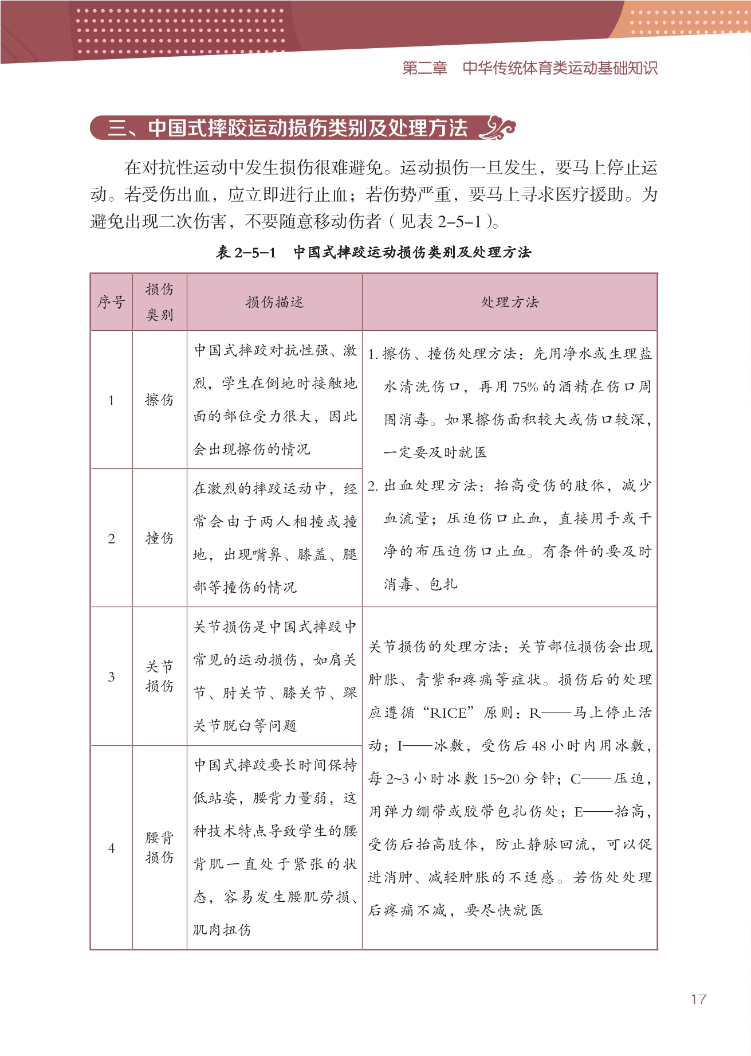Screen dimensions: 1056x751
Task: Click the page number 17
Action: (x=698, y=999)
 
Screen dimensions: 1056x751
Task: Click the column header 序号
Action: (x=111, y=302)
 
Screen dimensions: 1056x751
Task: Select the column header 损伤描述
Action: (x=274, y=302)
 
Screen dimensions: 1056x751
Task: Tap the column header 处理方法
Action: (x=510, y=302)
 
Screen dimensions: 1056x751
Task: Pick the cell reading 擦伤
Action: (x=159, y=400)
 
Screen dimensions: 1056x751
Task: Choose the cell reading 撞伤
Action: (x=159, y=538)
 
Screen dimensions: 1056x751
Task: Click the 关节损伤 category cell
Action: (x=159, y=676)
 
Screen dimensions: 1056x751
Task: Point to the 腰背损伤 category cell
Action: (x=159, y=847)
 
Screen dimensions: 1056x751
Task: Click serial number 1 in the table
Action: (x=111, y=401)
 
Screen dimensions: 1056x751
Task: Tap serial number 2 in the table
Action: (x=111, y=538)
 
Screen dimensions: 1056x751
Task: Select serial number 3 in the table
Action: (x=111, y=677)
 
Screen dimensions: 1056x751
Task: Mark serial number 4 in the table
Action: (x=111, y=848)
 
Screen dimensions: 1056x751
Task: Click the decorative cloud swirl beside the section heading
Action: (x=497, y=128)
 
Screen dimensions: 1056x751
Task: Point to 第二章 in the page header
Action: (x=424, y=68)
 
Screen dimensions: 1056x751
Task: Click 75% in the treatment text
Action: (x=525, y=387)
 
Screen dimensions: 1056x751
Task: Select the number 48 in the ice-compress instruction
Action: (x=538, y=746)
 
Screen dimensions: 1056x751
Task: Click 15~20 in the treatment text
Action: (x=501, y=779)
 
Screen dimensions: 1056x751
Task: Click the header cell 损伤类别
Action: (x=159, y=302)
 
